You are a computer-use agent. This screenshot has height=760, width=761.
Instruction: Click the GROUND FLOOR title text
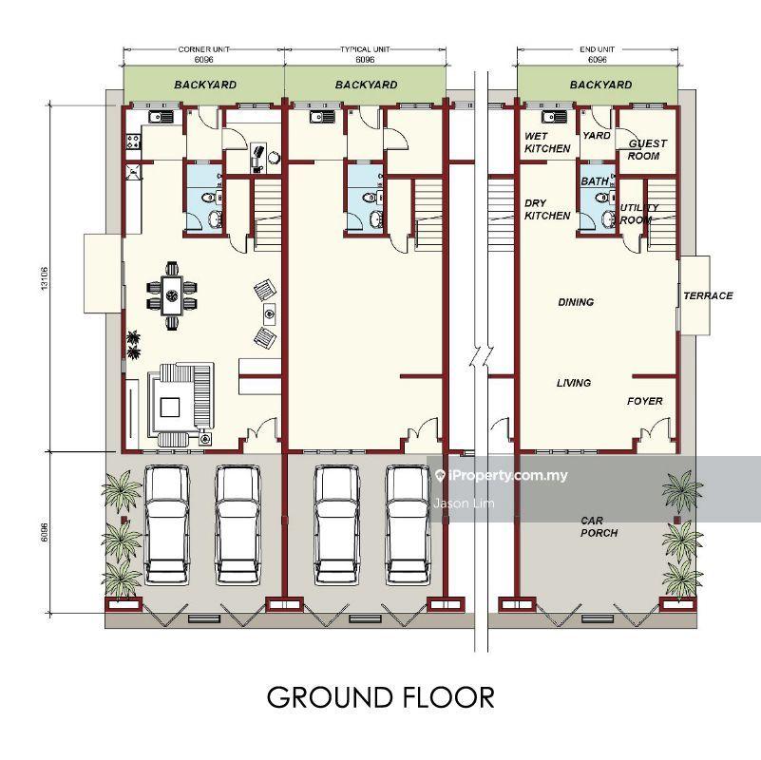tap(380, 697)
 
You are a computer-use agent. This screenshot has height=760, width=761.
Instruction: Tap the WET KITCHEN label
tap(547, 142)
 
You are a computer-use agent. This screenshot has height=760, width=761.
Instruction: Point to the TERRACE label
tap(708, 295)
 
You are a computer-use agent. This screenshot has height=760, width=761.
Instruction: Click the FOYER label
tap(644, 401)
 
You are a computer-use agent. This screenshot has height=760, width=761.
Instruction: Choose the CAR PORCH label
tap(599, 526)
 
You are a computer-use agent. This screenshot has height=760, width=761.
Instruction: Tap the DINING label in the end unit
tap(576, 302)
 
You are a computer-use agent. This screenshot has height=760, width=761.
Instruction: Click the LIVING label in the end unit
tap(574, 383)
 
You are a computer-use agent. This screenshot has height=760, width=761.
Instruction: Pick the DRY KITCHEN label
tap(547, 209)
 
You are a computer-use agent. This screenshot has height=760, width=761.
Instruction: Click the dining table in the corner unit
tap(172, 295)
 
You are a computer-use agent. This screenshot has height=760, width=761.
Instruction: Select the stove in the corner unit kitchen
tap(133, 142)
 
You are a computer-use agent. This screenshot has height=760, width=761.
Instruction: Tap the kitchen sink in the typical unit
tap(322, 117)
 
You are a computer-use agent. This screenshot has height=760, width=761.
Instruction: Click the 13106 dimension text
tap(45, 278)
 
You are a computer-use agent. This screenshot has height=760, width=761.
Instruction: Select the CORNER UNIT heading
tap(204, 49)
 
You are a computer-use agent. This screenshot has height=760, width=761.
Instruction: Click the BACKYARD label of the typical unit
tap(366, 85)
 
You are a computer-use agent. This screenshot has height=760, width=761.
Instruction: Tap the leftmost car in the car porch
tap(166, 524)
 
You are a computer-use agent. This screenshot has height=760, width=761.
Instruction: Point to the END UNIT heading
tap(597, 49)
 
